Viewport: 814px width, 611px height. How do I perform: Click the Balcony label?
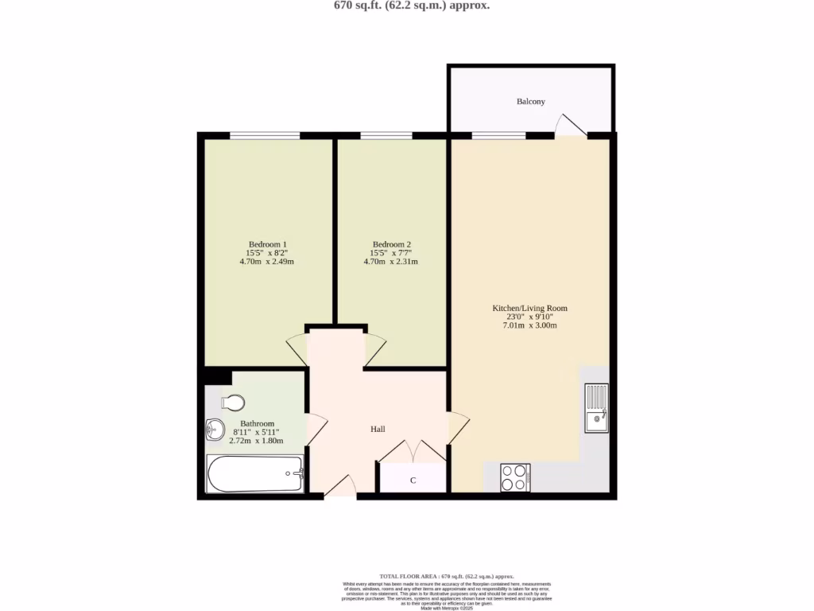click(x=531, y=102)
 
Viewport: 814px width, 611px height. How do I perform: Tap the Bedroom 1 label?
click(x=267, y=244)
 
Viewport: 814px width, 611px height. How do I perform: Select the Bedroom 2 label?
click(x=391, y=244)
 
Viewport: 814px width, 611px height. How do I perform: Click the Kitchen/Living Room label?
click(x=530, y=308)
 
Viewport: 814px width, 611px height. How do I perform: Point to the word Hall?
click(x=378, y=429)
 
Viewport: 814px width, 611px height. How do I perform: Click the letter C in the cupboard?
click(x=413, y=481)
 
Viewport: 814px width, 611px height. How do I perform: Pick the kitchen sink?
click(x=596, y=408)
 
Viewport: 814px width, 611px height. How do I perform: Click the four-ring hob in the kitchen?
click(x=515, y=477)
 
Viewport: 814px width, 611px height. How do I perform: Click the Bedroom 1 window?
click(x=266, y=136)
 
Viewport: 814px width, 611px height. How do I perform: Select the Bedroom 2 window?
click(x=386, y=136)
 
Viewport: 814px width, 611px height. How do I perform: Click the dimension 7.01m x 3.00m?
click(x=530, y=326)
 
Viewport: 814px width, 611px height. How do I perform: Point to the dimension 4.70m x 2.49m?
click(x=267, y=262)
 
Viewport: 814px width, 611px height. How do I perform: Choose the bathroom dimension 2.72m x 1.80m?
click(x=258, y=441)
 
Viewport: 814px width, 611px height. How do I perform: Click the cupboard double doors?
click(x=413, y=452)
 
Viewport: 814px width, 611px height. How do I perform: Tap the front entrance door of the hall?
click(x=340, y=488)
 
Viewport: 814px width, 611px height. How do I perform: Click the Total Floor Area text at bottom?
click(x=446, y=576)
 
